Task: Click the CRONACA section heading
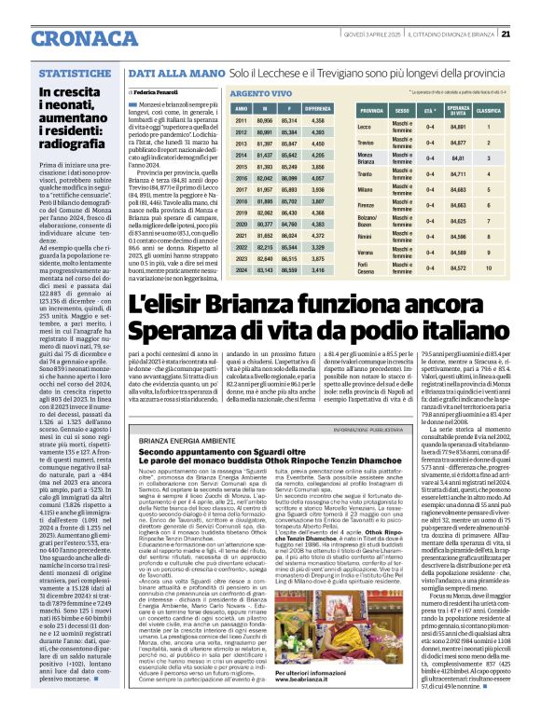point(56,34)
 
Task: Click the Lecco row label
point(365,125)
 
